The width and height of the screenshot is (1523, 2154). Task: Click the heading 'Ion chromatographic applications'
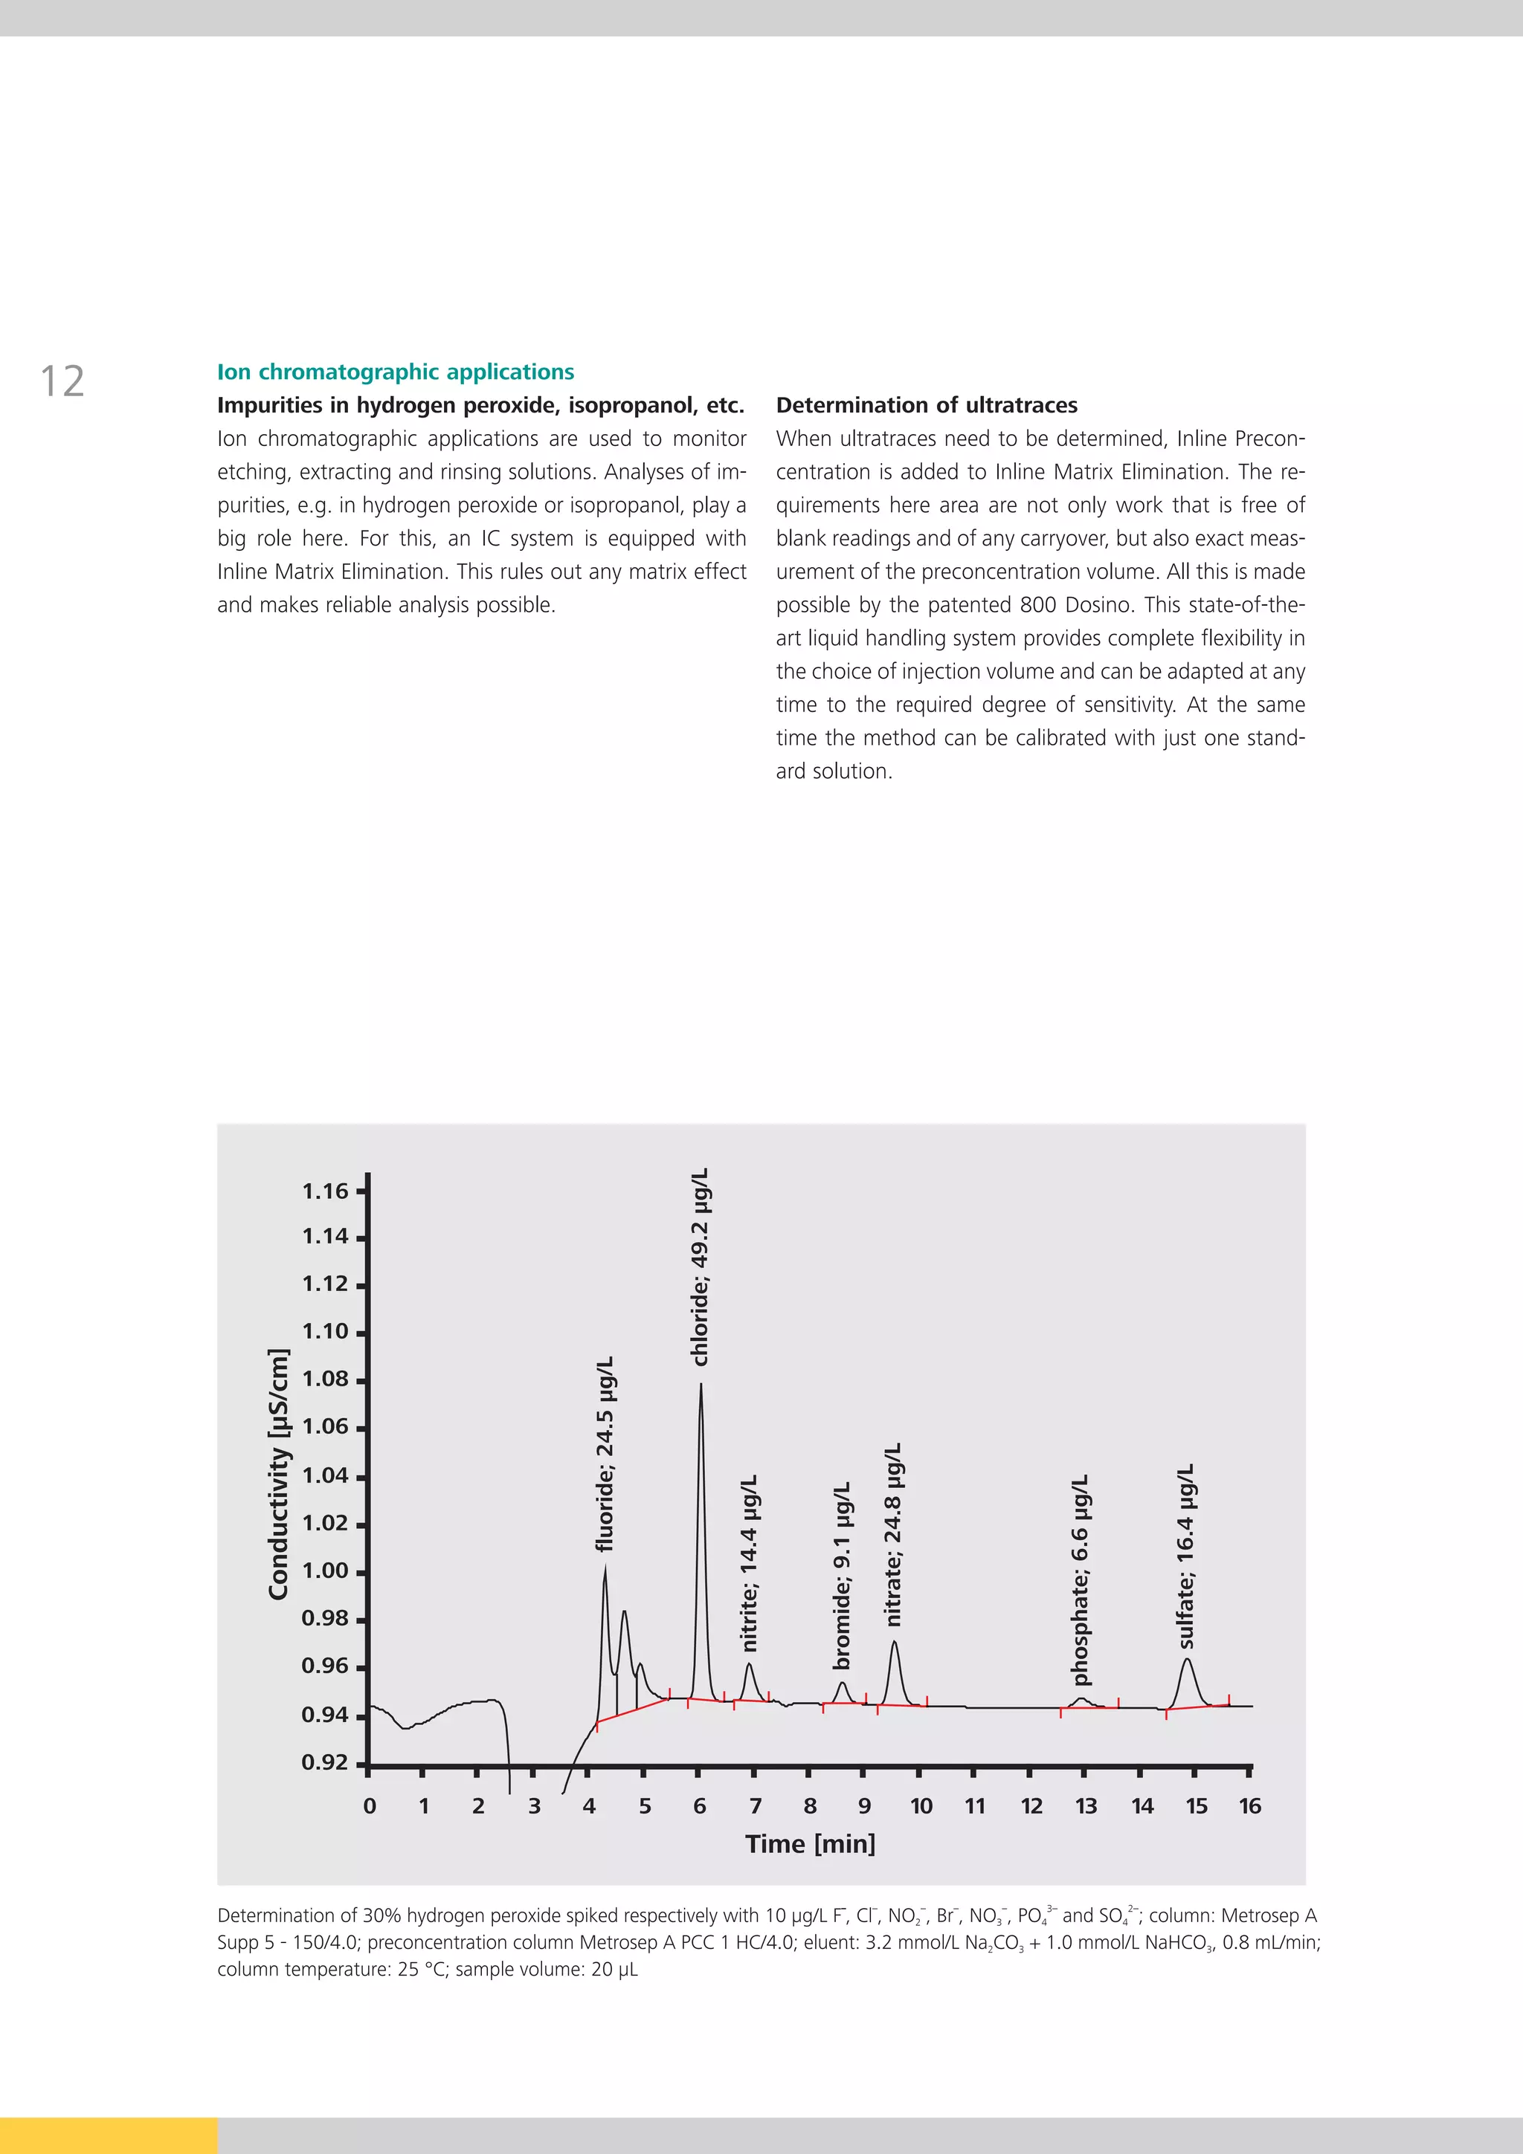click(x=395, y=372)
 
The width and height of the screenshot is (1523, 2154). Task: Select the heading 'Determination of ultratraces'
click(x=926, y=405)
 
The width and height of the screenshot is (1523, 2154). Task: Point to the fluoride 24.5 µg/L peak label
click(x=605, y=1453)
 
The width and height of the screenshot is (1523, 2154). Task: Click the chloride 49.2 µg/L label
click(x=700, y=1267)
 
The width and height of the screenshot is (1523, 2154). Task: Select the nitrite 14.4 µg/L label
click(x=749, y=1563)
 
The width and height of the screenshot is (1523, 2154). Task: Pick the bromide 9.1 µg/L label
click(x=843, y=1575)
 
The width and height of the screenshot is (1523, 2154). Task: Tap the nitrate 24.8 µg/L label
click(x=893, y=1534)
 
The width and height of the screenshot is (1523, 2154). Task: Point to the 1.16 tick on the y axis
click(x=325, y=1191)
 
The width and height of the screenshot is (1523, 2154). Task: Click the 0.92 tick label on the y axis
click(x=325, y=1763)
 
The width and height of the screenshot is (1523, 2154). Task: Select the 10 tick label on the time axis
click(x=921, y=1806)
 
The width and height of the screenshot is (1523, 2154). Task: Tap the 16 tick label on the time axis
click(x=1250, y=1806)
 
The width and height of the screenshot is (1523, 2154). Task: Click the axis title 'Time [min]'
click(x=810, y=1844)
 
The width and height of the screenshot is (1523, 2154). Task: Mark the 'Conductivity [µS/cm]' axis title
click(x=279, y=1474)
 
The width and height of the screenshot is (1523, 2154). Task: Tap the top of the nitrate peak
click(x=895, y=1641)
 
